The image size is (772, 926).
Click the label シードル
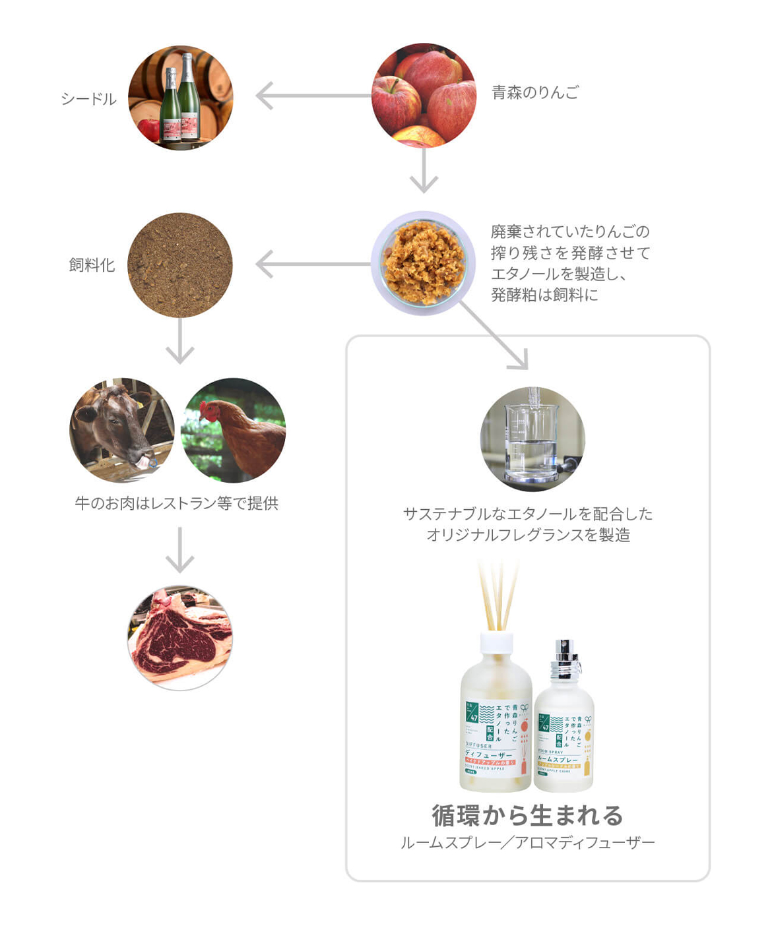88,99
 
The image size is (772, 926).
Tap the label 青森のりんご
535,92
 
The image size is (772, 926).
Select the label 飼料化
92,265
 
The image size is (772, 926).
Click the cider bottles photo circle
180,98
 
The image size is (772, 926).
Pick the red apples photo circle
424,96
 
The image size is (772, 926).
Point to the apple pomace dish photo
423,263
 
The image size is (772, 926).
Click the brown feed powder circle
179,265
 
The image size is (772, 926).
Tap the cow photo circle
122,430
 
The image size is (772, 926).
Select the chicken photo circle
233,430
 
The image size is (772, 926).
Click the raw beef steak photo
179,638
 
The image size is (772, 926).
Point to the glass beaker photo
532,439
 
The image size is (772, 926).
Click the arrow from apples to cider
310,96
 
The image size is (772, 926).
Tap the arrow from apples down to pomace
424,171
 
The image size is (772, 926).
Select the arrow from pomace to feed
310,264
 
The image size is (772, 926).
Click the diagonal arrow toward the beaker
495,336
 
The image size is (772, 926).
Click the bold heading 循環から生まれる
527,815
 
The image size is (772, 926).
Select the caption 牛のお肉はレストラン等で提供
176,503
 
